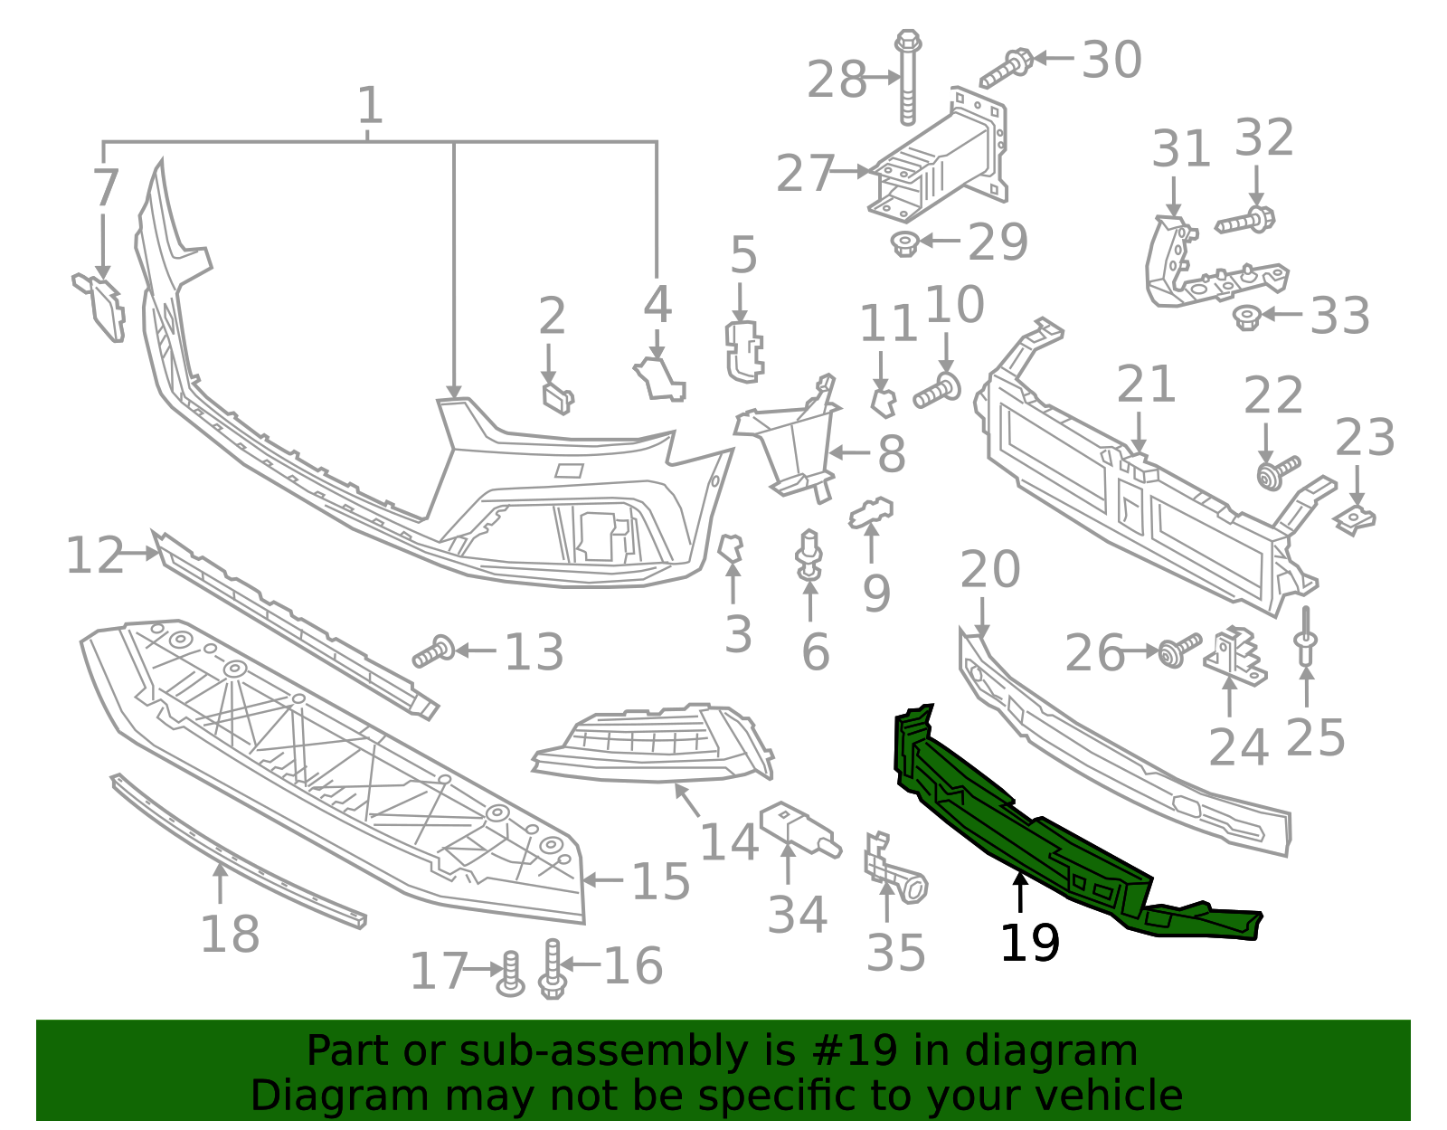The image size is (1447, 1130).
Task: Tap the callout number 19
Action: point(1029,944)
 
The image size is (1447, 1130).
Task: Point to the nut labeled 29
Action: point(904,242)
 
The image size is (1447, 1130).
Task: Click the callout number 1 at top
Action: point(370,106)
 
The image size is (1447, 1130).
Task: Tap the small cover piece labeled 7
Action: point(101,305)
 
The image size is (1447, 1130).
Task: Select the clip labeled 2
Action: point(556,396)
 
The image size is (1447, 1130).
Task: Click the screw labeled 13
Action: point(433,651)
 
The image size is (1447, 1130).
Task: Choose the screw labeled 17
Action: point(511,974)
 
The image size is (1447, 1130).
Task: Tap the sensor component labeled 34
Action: point(797,829)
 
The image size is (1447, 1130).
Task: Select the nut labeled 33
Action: point(1247,317)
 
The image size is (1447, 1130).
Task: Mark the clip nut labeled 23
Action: point(1355,519)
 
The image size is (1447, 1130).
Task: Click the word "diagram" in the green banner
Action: point(1071,1051)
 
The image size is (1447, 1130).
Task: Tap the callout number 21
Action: point(1146,385)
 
